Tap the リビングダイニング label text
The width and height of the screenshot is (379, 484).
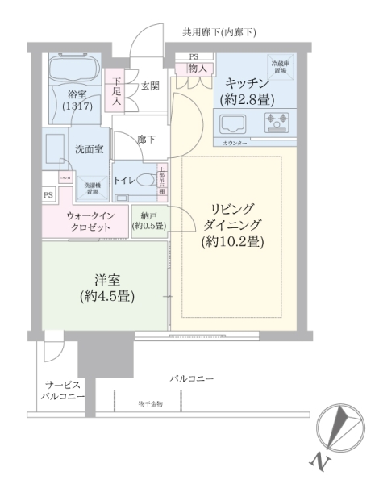[233, 224]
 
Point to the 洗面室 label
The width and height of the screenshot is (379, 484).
[88, 149]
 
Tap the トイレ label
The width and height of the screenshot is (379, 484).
[124, 180]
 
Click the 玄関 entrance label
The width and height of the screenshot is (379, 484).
[150, 86]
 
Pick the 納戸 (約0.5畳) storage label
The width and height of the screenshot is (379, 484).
[148, 221]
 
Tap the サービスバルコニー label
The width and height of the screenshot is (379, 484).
[62, 390]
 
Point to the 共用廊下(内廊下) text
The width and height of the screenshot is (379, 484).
[219, 32]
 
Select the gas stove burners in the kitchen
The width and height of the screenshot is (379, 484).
[277, 123]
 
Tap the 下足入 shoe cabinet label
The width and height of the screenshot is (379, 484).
[116, 91]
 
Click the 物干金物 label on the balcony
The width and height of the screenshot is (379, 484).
[149, 403]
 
